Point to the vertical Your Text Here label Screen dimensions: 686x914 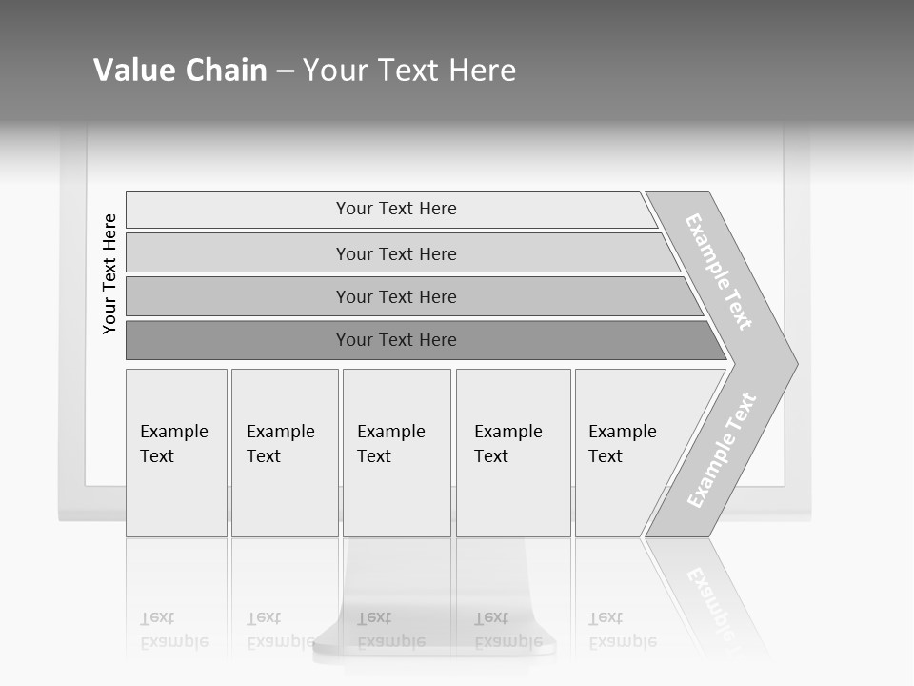[109, 273]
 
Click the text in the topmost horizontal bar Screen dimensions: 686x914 [396, 209]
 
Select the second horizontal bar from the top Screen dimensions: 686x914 [396, 253]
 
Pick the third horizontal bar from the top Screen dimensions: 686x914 [396, 296]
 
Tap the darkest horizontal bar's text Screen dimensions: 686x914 [396, 340]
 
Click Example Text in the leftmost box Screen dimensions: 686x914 [173, 444]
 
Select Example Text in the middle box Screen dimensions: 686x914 [390, 444]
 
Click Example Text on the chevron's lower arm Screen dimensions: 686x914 [722, 450]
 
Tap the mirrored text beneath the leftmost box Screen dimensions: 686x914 [173, 630]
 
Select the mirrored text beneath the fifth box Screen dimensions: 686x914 [622, 630]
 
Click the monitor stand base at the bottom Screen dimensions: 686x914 [434, 648]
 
